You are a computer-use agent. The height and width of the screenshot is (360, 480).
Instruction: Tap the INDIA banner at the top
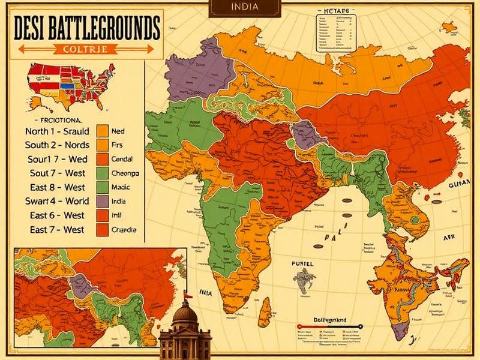coord(244,8)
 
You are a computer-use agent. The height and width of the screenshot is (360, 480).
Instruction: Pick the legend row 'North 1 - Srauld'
coord(57,131)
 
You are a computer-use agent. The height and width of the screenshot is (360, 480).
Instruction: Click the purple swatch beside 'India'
coord(101,201)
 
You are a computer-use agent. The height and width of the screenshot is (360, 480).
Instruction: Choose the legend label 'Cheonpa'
coord(125,173)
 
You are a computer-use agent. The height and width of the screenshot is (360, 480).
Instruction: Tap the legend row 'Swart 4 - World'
coord(57,201)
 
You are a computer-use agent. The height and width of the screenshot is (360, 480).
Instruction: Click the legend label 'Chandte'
coord(124,229)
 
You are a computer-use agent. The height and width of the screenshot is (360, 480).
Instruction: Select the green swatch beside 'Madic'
coord(101,187)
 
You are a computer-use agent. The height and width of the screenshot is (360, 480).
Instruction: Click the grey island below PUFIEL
coord(305,279)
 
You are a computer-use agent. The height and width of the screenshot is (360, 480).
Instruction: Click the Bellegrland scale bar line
coord(330,328)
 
